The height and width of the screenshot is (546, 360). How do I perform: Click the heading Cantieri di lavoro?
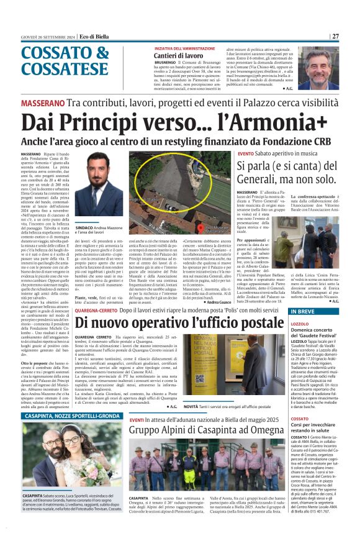coord(176,56)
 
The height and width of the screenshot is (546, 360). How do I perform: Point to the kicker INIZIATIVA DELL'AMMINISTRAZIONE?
coord(185,48)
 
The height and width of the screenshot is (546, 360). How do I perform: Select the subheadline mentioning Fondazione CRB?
coord(180,141)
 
